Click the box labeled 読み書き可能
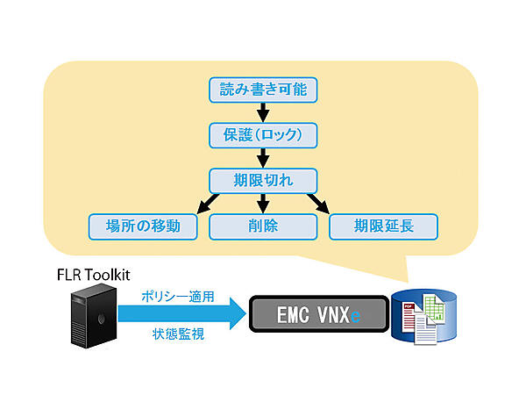pos(261,89)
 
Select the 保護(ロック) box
pos(261,135)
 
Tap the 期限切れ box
pos(261,181)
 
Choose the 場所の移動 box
pos(140,226)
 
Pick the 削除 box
pos(261,226)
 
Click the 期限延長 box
pos(383,226)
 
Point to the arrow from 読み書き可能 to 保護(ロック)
pos(261,111)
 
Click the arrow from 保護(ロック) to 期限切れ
pos(261,158)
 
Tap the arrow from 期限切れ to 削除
pos(261,204)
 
